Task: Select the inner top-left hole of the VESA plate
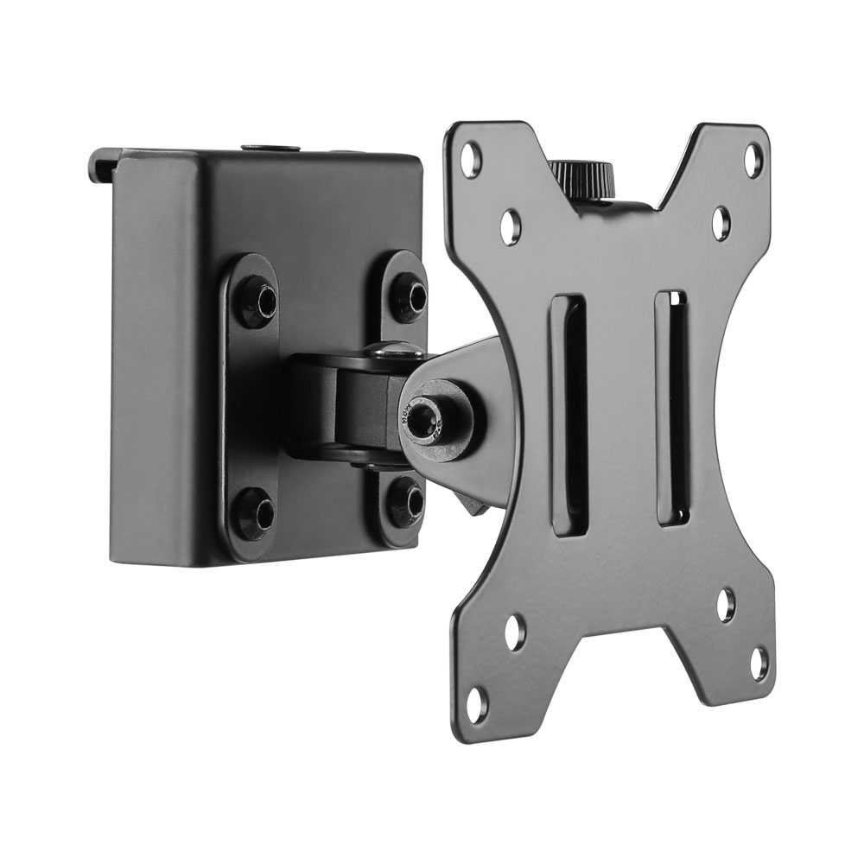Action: point(511,224)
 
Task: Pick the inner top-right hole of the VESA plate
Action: point(721,222)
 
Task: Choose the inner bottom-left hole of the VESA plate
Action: point(516,631)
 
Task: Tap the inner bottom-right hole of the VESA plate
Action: point(726,606)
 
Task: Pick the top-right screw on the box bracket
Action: point(410,295)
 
